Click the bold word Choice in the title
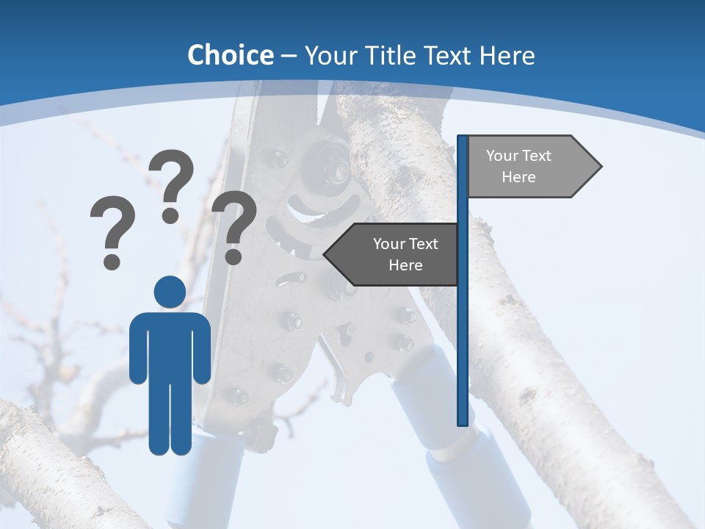(x=230, y=55)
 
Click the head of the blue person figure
(x=170, y=292)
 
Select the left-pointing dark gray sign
(x=397, y=254)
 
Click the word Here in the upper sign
(x=518, y=177)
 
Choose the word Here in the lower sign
(x=405, y=265)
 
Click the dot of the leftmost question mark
(x=112, y=261)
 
